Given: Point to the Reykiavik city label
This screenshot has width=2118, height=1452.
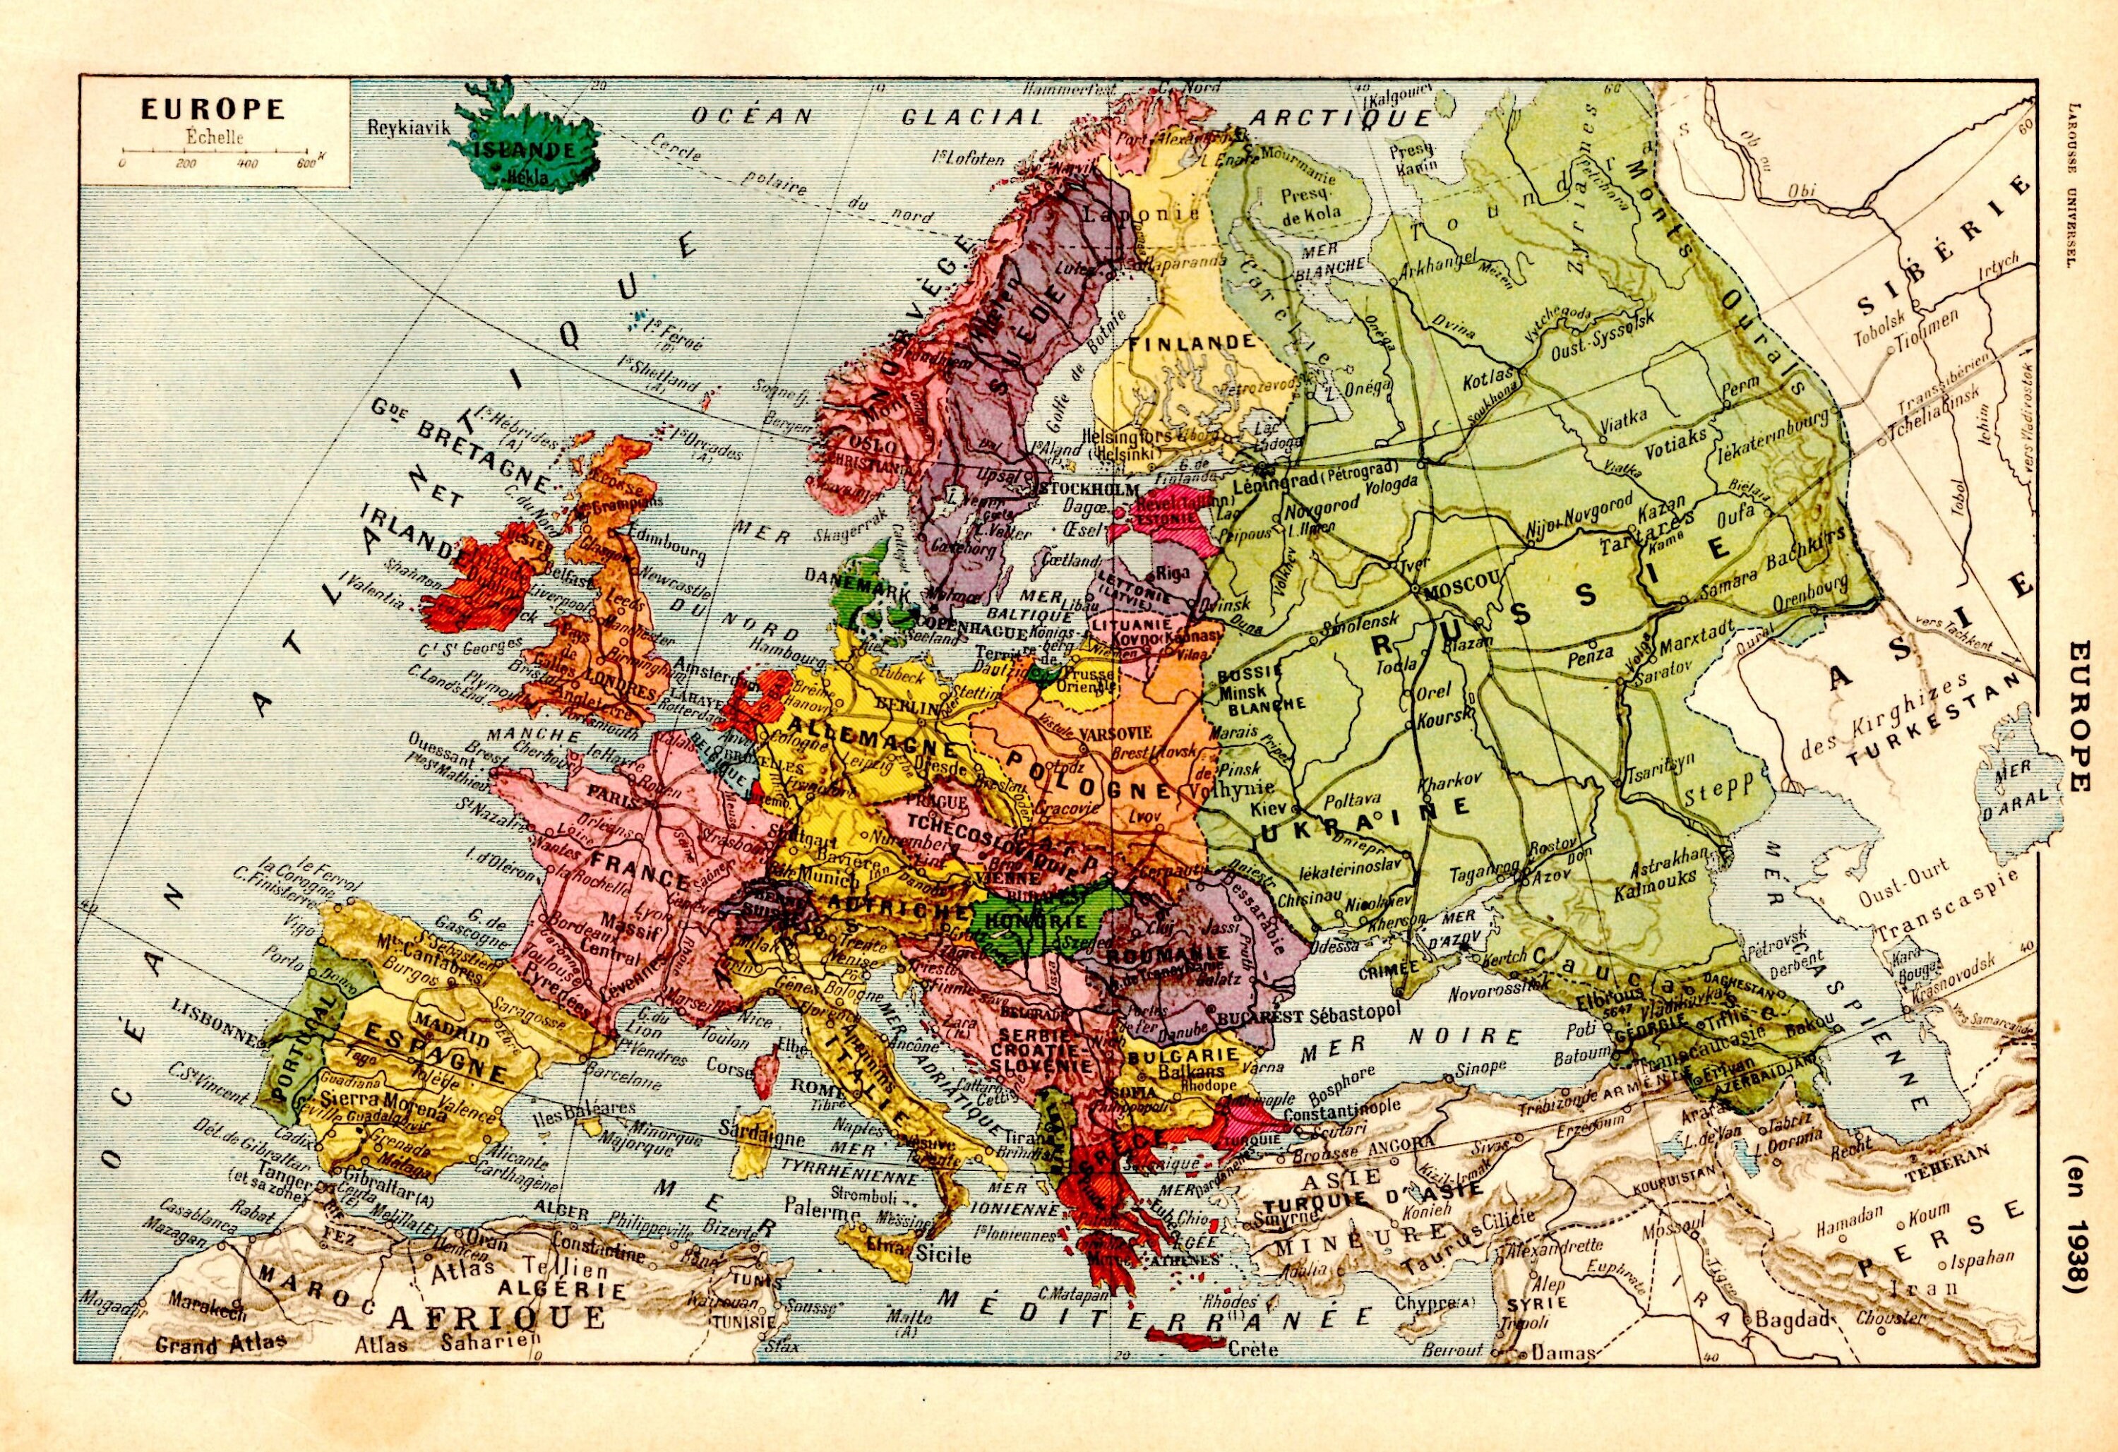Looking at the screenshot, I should pos(409,128).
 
